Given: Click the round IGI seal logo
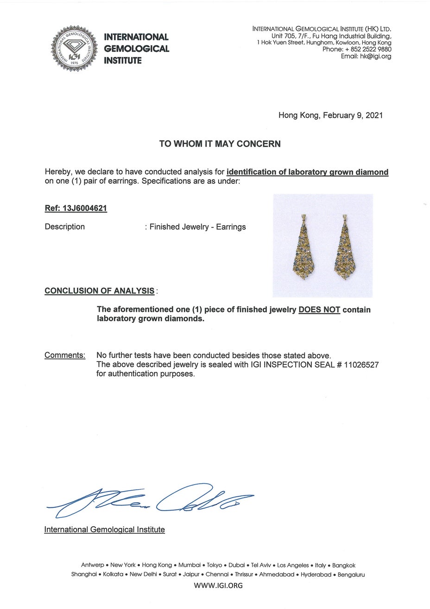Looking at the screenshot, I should click(74, 48).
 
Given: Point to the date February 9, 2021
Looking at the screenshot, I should click(353, 115).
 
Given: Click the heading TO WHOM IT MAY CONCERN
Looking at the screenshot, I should click(220, 144).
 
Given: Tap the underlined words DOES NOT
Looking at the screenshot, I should click(319, 310).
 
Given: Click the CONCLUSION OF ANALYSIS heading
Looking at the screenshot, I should click(99, 291).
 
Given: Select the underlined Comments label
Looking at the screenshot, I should click(65, 356).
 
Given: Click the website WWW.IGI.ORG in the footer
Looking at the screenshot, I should click(218, 586).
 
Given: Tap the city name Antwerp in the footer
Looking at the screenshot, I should click(93, 565).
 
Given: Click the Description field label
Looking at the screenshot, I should click(65, 227).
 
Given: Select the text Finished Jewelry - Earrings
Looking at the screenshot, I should click(197, 227).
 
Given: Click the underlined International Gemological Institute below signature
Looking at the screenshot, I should click(104, 530).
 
